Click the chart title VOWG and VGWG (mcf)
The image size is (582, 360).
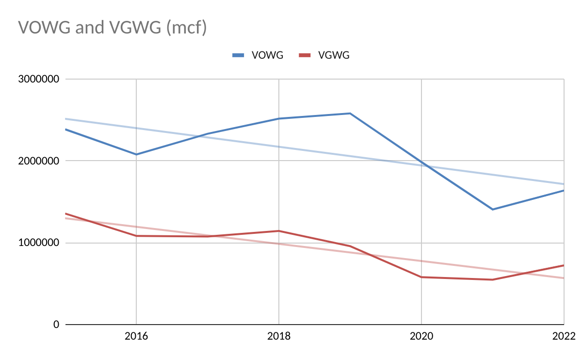113,27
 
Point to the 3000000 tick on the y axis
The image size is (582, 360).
39,79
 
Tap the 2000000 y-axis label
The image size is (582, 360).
39,161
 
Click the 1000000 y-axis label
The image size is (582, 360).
39,243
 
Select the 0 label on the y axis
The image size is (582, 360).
56,325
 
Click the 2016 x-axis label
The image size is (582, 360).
136,336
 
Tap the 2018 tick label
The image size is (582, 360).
279,336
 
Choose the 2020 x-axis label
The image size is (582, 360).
421,336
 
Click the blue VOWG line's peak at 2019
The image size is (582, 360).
350,114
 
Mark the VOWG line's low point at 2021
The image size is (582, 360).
493,210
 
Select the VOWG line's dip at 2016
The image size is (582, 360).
136,154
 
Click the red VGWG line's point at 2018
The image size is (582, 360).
279,231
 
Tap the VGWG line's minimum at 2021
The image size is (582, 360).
493,279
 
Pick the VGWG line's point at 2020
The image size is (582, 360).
421,277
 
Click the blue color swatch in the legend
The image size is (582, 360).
238,55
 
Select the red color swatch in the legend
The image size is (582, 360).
305,55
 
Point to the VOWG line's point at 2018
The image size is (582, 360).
279,118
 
